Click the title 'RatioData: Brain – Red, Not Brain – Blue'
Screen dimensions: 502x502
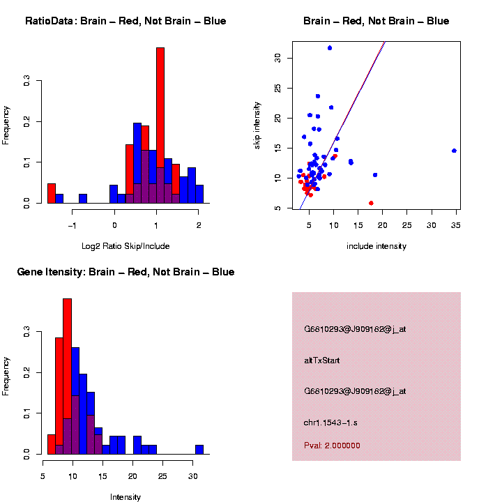(x=125, y=22)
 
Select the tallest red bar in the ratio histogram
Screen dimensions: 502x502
(x=160, y=125)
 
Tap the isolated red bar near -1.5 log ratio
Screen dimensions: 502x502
(x=52, y=193)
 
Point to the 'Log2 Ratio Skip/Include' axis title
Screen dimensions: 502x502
(x=125, y=245)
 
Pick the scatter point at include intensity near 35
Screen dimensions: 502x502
(x=454, y=151)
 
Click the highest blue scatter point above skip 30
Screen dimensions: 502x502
(x=330, y=48)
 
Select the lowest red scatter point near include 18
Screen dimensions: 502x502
(x=371, y=203)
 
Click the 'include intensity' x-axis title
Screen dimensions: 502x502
(x=376, y=246)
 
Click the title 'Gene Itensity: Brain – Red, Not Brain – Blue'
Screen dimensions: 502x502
(x=125, y=272)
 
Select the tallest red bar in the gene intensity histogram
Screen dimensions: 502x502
(x=68, y=376)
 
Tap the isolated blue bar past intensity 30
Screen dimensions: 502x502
(x=199, y=450)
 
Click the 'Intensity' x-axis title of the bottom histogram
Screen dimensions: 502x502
(x=125, y=497)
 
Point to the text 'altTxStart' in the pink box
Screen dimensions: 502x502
(x=322, y=360)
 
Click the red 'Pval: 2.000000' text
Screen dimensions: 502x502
(x=332, y=446)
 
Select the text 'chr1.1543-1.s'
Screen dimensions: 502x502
(x=331, y=423)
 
